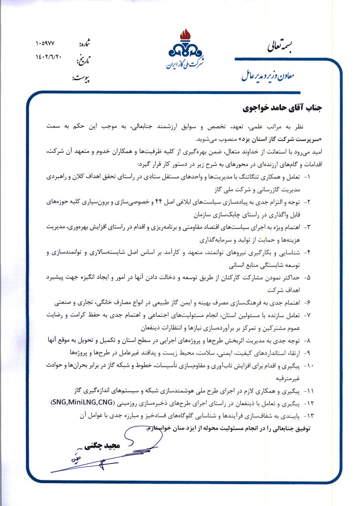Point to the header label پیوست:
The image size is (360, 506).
coord(82,79)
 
